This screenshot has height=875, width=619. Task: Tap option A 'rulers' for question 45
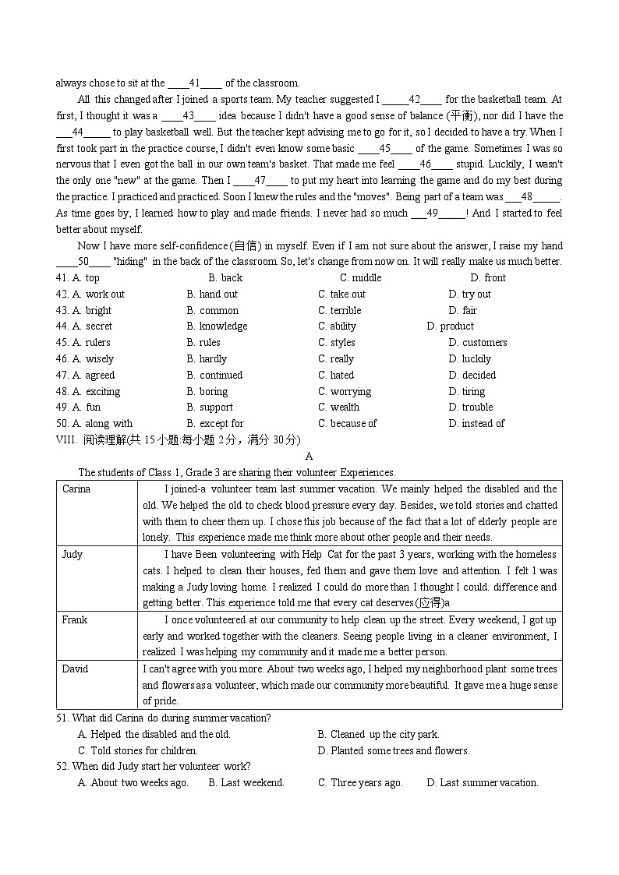(x=91, y=343)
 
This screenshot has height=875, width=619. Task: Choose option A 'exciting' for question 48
(x=96, y=392)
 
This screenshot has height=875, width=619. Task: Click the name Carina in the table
(x=76, y=489)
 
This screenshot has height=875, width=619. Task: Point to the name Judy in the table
(x=73, y=555)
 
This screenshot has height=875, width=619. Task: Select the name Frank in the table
(x=75, y=620)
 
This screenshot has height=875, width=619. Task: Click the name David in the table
(x=76, y=669)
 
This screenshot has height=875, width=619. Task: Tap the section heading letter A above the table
(x=309, y=457)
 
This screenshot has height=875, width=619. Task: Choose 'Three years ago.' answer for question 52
(x=360, y=783)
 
